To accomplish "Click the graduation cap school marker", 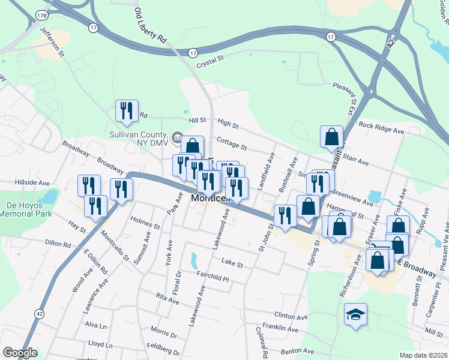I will (355, 314).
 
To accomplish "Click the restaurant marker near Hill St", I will (127, 111).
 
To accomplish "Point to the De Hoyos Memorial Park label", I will (26, 209).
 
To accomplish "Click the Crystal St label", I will (210, 58).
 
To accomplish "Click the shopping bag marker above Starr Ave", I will (331, 137).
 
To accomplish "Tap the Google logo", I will (20, 353).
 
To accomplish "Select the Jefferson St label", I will (52, 42).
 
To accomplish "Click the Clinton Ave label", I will (291, 316).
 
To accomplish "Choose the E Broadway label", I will (418, 268).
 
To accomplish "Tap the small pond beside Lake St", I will (193, 260).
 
